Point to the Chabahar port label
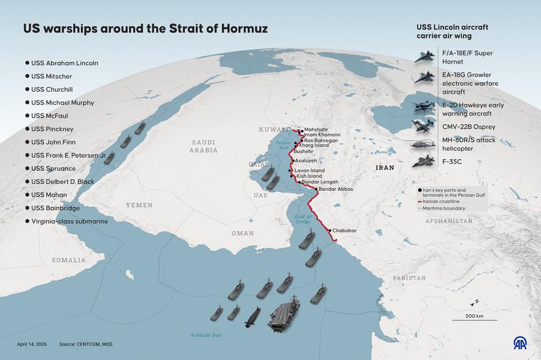tap(344, 230)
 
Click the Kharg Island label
tap(314, 146)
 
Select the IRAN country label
tap(385, 168)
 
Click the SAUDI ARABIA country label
tap(204, 146)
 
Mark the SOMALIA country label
tap(68, 260)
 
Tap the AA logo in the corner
tap(521, 343)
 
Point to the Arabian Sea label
tap(206, 335)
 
